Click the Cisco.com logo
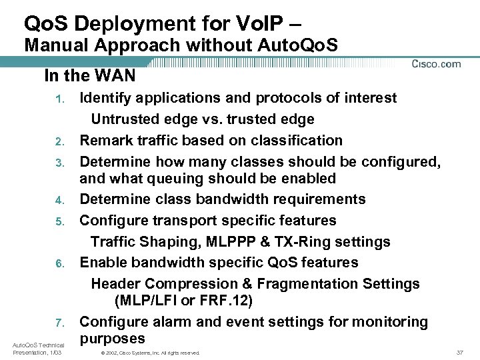436,64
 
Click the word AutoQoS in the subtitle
296,45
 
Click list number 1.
59,99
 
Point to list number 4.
59,200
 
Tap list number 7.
59,323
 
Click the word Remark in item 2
104,141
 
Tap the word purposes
112,339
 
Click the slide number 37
459,352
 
